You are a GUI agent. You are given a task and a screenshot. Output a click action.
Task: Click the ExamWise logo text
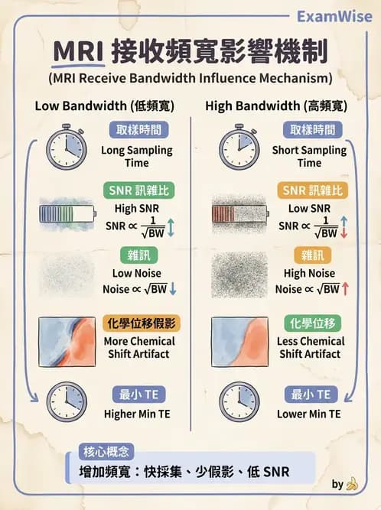(x=334, y=17)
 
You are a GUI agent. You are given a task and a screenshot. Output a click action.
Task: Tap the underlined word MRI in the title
(x=78, y=52)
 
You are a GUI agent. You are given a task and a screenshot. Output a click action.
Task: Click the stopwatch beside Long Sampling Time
(x=67, y=147)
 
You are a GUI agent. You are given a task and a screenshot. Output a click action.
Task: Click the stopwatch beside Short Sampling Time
(x=239, y=147)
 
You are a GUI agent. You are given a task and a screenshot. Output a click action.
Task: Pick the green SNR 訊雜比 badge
(x=139, y=190)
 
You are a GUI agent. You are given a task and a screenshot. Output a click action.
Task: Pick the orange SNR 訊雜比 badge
(x=313, y=190)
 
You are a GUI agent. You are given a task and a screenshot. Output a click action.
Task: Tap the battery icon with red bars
(x=240, y=213)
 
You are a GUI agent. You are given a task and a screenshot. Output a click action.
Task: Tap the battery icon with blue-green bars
(x=67, y=213)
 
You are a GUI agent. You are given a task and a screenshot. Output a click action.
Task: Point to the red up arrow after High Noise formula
(x=345, y=289)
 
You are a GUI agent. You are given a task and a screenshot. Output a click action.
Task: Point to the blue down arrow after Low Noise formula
(x=173, y=289)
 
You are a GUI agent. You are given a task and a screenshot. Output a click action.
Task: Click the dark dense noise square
(x=239, y=274)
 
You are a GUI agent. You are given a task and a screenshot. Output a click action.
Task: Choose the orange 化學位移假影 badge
(x=142, y=323)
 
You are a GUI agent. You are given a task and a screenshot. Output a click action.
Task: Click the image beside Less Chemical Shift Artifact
(x=239, y=342)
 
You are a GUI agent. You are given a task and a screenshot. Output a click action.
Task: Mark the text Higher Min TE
(x=137, y=414)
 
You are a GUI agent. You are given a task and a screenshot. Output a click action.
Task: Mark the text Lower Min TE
(x=309, y=414)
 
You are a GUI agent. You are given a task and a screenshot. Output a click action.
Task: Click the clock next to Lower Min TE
(x=239, y=402)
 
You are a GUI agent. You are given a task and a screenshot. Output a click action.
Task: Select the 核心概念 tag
(x=106, y=451)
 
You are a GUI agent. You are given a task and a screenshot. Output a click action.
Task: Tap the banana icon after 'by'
(x=352, y=484)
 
